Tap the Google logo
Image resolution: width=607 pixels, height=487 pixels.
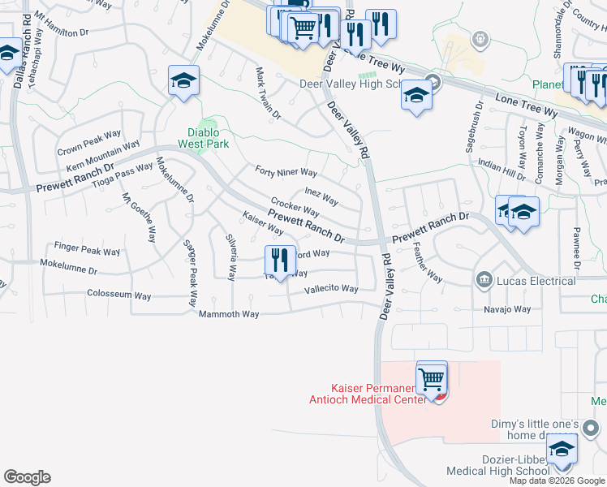[x=27, y=477]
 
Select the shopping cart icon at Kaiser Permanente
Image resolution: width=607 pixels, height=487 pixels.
[x=432, y=378]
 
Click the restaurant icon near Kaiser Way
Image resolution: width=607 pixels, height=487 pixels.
[x=280, y=261]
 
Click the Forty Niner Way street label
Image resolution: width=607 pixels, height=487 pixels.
[x=286, y=172]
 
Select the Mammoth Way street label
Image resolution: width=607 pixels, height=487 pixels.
[x=230, y=314]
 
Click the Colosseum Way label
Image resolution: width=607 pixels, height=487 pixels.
[x=118, y=295]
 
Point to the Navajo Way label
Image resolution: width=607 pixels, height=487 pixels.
[x=507, y=309]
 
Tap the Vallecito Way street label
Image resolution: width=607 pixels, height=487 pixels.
[x=331, y=289]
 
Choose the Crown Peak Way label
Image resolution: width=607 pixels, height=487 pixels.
[x=89, y=144]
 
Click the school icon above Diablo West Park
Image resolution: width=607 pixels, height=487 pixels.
[x=184, y=81]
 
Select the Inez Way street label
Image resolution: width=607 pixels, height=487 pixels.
[x=321, y=196]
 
